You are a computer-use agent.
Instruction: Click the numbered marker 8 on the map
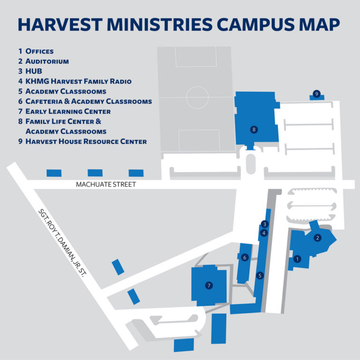point(254,129)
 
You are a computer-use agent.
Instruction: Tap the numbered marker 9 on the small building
point(317,94)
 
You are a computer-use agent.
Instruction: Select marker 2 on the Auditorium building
point(317,238)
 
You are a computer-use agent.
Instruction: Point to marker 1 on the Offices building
point(296,258)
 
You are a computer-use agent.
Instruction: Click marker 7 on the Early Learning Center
point(209,285)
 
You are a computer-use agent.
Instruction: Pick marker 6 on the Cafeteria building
point(244,257)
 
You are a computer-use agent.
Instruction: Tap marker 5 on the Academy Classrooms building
point(260,276)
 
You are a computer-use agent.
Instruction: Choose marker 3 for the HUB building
point(264,224)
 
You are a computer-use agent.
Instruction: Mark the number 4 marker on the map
point(264,232)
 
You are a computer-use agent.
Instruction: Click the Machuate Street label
point(106,185)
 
